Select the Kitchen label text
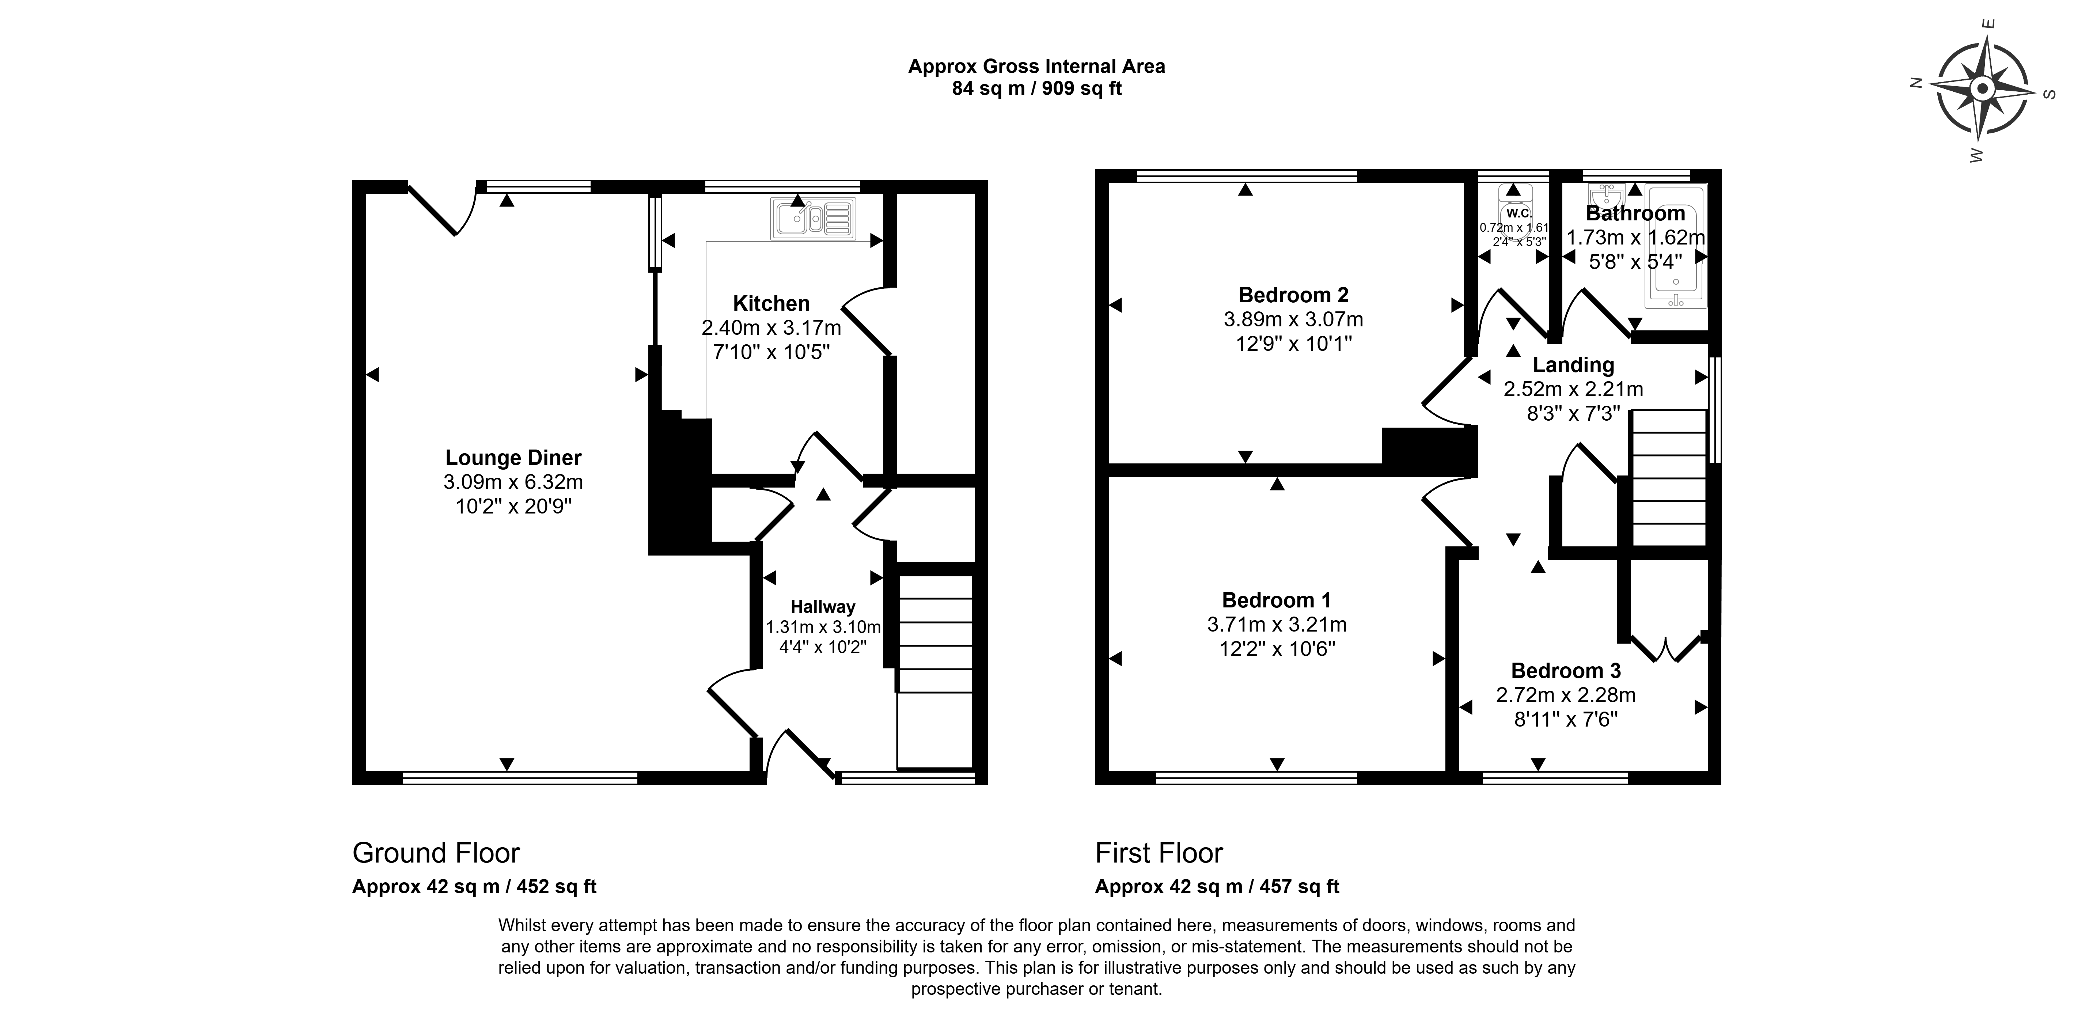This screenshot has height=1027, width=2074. click(771, 303)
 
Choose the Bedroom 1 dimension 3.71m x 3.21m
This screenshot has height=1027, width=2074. click(1277, 625)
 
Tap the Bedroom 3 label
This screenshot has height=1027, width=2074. click(1566, 670)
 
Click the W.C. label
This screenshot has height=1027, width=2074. click(1518, 213)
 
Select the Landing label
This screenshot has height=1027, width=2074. click(1573, 365)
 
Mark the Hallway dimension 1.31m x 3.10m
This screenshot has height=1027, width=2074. click(823, 627)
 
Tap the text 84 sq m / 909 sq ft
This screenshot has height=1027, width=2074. click(1037, 88)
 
